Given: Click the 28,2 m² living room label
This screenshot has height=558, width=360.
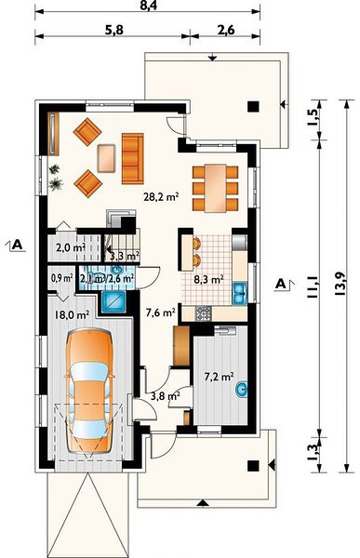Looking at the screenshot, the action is click(161, 196).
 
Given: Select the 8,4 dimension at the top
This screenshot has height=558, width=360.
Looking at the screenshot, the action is click(147, 5).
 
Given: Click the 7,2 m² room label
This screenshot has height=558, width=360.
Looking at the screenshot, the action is click(219, 376).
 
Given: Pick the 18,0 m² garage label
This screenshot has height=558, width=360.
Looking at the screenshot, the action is click(72, 314).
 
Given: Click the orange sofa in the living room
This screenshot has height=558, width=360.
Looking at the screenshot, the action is click(132, 159).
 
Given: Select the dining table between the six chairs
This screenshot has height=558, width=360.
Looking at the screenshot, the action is click(215, 188).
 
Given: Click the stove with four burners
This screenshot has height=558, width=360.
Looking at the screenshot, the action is click(204, 313).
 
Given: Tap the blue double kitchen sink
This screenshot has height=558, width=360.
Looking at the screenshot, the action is click(240, 294).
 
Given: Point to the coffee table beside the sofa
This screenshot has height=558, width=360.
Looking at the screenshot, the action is click(106, 158).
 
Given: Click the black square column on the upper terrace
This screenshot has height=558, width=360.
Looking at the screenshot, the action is click(253, 106).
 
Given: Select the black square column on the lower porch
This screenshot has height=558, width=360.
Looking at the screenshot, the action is click(253, 466).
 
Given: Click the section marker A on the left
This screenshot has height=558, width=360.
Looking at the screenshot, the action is click(17, 245).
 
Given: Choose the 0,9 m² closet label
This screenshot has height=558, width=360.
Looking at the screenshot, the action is click(61, 278).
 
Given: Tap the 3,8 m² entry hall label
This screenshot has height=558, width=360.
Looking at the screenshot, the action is click(165, 396).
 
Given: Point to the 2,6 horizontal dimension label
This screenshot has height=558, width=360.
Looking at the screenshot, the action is click(225, 30).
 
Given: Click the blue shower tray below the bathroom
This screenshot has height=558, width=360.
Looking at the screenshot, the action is click(113, 301).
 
